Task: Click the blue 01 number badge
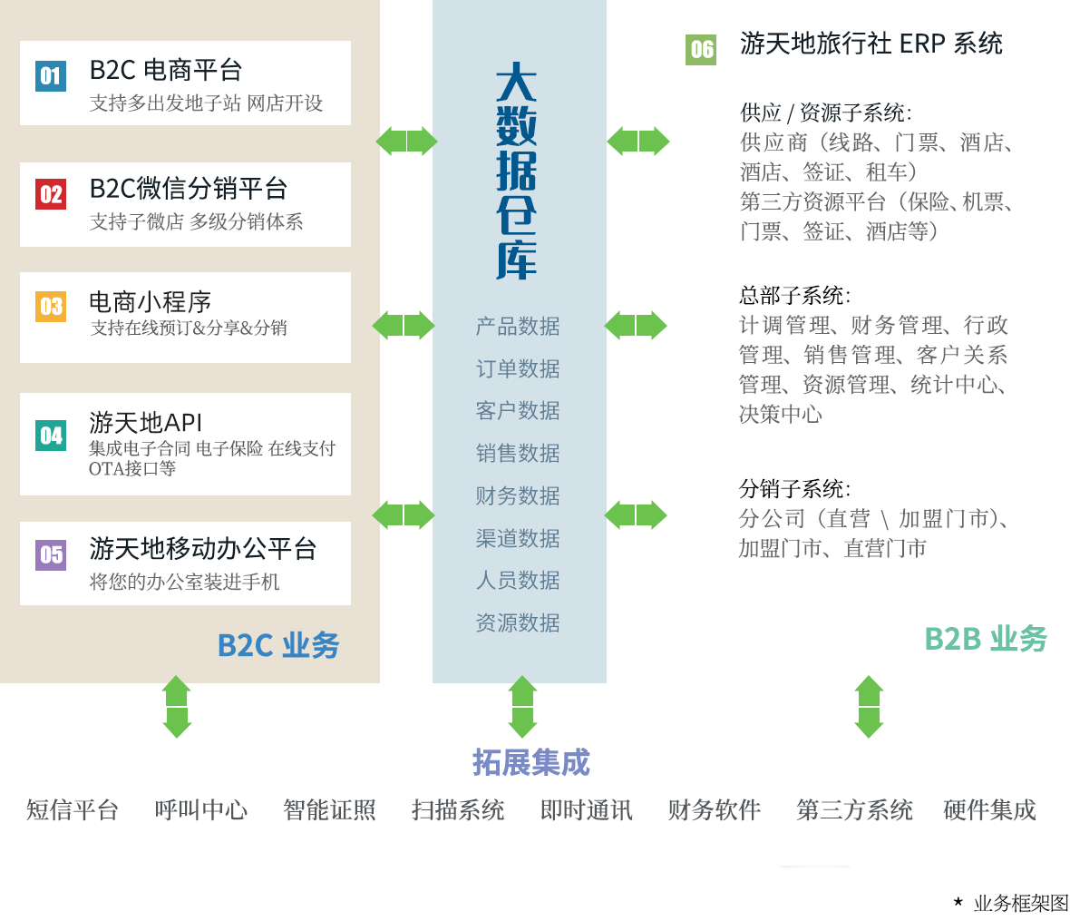[x=51, y=76]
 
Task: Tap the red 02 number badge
[x=51, y=194]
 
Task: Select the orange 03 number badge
[x=51, y=306]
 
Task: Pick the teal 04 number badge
[x=51, y=436]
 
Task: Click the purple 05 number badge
[x=51, y=554]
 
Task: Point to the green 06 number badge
[x=701, y=50]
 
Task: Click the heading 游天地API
[x=145, y=423]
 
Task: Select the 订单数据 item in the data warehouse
[x=518, y=368]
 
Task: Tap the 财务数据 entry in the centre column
[x=518, y=495]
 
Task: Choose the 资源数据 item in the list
[x=518, y=622]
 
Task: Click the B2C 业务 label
[x=278, y=645]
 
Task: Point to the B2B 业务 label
[x=986, y=639]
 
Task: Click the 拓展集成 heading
[x=530, y=762]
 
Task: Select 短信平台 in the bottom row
[x=73, y=810]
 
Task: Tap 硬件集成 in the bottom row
[x=989, y=810]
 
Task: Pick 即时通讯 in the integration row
[x=586, y=810]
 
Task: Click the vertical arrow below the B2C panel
[x=177, y=707]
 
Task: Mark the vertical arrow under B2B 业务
[x=869, y=707]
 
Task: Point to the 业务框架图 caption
[x=1021, y=903]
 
